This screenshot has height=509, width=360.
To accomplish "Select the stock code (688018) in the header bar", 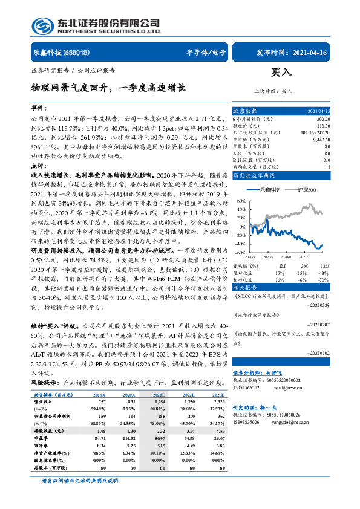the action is click(77, 53).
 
